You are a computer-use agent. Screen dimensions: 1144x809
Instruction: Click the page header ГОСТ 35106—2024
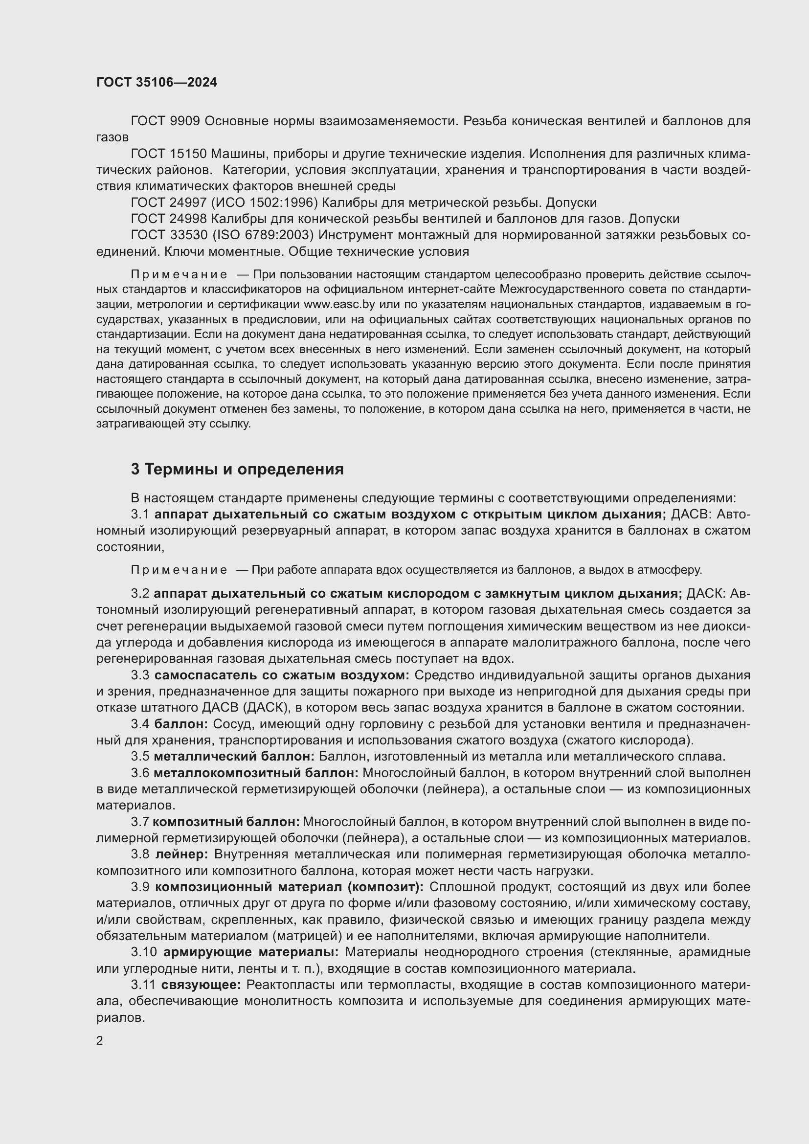coord(157,83)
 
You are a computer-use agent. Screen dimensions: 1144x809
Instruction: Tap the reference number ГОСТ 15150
coord(168,154)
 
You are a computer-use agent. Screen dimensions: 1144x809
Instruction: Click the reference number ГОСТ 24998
coord(169,219)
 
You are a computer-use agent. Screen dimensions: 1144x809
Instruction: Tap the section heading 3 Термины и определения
coord(237,470)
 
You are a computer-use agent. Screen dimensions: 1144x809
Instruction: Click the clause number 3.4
coord(140,724)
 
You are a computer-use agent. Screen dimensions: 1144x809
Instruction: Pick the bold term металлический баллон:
coord(234,756)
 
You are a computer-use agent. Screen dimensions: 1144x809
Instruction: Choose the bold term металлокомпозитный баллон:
coord(256,773)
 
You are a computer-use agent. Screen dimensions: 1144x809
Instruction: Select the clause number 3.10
coord(144,952)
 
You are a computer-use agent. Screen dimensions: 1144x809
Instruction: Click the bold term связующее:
coord(201,985)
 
